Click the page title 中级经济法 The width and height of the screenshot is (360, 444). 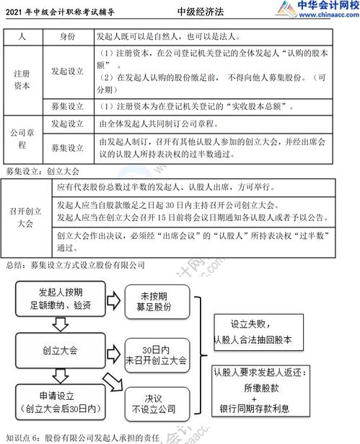coord(201,12)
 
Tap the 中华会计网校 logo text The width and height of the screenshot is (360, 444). coord(328,5)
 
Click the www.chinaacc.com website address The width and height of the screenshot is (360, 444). coord(329,14)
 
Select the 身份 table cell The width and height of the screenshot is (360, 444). coord(69,37)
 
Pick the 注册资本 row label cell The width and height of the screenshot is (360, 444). coord(23,80)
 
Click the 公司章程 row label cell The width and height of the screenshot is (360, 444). coord(23,139)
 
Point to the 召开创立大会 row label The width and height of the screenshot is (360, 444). coord(26,217)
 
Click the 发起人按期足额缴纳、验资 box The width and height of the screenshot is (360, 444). coord(61,299)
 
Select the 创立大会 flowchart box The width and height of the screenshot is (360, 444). coord(61,351)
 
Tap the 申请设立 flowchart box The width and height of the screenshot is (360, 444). coord(61,402)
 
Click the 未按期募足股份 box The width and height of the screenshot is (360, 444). coord(157,302)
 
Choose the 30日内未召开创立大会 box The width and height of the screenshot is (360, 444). coord(157,355)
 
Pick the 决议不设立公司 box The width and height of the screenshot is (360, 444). coord(157,404)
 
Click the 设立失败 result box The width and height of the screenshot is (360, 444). coord(258,332)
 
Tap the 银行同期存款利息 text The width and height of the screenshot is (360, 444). coord(255,409)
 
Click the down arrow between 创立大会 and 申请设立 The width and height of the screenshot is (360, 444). coord(61,376)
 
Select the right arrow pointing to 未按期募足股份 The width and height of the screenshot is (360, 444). coord(114,301)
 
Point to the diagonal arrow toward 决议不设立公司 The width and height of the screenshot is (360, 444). coord(113,382)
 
